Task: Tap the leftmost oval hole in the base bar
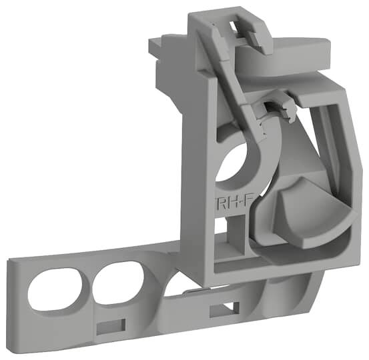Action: coord(57,287)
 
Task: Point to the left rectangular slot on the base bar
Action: coord(110,325)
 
